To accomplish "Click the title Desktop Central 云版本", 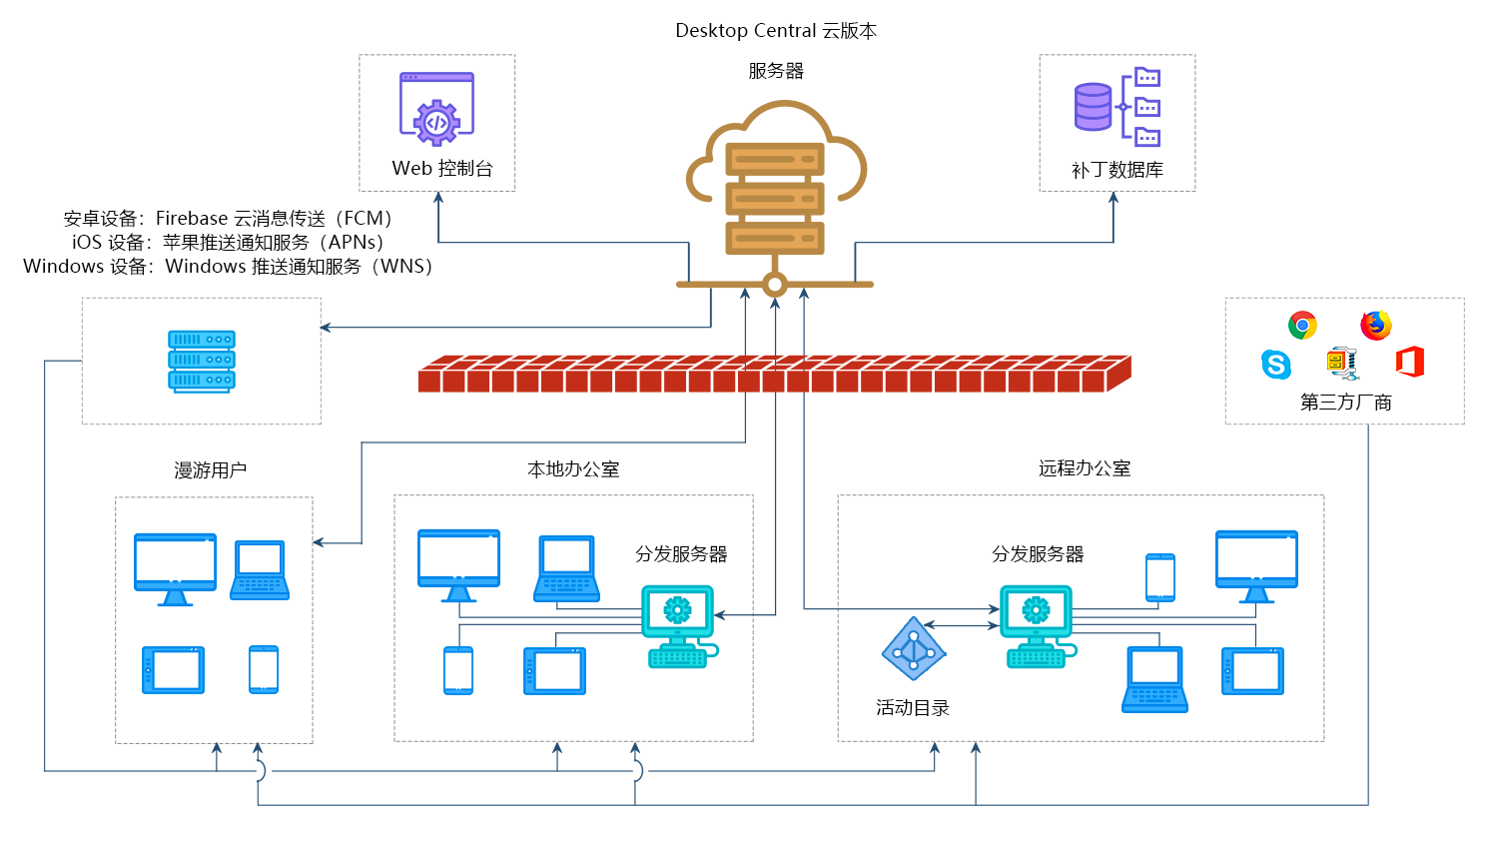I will click(776, 31).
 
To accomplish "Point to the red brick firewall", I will click(774, 374).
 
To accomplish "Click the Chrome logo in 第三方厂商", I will click(1302, 326).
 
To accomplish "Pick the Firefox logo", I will click(1376, 326).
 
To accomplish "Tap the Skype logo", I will click(1276, 365).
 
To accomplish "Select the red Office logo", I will click(1410, 362).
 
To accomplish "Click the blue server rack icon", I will click(201, 361).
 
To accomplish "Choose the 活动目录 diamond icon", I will click(914, 650).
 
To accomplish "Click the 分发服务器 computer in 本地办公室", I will click(678, 625).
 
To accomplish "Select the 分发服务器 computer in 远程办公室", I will click(1037, 625).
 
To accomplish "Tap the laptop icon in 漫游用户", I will click(260, 570).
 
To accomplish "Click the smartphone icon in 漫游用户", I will click(264, 669).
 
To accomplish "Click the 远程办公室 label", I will click(1085, 468).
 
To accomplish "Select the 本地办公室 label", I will click(573, 469).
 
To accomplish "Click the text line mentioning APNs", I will click(228, 243).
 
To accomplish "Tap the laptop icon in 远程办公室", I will click(1155, 679).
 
